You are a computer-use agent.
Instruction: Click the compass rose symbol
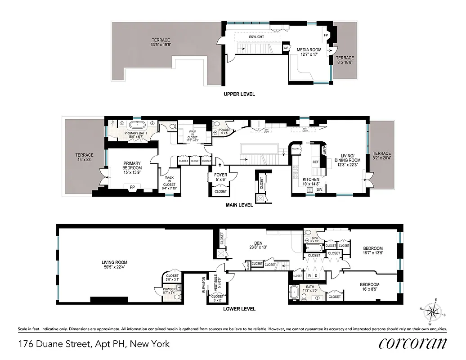(433, 311)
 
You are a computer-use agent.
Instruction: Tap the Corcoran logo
(412, 343)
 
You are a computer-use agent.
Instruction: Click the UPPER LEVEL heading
(239, 94)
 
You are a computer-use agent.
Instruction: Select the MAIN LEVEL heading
(239, 205)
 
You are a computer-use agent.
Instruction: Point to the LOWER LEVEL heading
(239, 309)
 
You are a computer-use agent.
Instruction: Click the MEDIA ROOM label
(307, 52)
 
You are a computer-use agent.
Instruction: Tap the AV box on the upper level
(286, 48)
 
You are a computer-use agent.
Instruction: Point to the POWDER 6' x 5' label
(224, 131)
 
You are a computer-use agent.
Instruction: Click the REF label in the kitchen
(316, 162)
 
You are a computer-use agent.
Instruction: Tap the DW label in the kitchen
(319, 190)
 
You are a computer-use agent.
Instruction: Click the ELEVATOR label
(204, 285)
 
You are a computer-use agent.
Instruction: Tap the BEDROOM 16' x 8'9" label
(369, 287)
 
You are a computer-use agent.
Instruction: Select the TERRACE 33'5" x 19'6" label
(161, 42)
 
